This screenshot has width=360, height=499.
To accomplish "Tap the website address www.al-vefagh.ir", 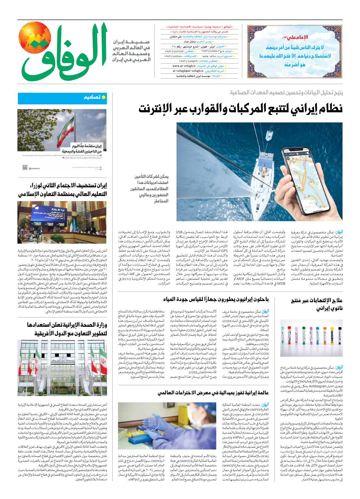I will tap(184, 66).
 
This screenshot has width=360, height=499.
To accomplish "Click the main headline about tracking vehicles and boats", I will tap(240, 109).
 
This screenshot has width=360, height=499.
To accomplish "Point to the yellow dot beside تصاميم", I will tap(104, 97).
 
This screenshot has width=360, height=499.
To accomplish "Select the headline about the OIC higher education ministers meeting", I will tap(62, 190).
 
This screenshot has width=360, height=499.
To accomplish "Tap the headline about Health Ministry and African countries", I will tap(67, 329).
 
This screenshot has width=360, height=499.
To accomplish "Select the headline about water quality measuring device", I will tap(216, 300).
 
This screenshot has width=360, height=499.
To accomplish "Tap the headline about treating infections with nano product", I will tap(317, 304).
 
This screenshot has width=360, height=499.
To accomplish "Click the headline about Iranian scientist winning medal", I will tap(213, 393).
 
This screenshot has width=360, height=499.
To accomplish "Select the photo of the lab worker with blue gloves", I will tap(167, 426).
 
